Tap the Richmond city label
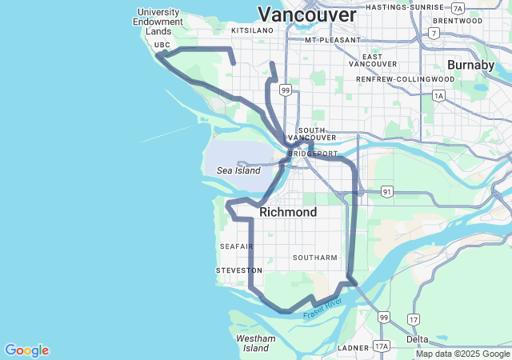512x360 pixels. tap(288, 213)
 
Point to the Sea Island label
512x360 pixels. tap(238, 170)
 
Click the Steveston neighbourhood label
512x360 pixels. tap(238, 271)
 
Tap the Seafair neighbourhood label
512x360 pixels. tap(237, 246)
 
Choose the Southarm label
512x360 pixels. tap(314, 258)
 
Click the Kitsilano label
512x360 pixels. tap(252, 30)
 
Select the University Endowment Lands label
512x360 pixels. tap(160, 22)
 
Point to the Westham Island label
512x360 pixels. tap(256, 343)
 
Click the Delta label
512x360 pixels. tap(418, 339)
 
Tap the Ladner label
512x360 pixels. tap(353, 348)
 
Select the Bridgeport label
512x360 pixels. tap(313, 153)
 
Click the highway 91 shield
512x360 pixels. tap(387, 192)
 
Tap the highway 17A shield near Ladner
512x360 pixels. tap(382, 346)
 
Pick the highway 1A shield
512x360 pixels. tap(438, 96)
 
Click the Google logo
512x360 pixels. tap(26, 350)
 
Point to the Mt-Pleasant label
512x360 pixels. tap(328, 39)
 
